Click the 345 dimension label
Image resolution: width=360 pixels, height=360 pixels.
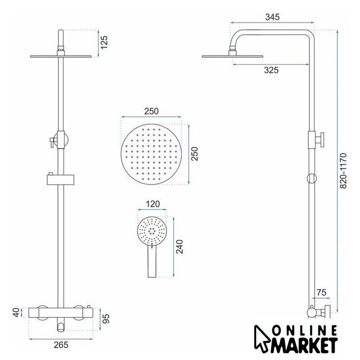point(272,17)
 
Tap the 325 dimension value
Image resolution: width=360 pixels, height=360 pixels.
point(271,70)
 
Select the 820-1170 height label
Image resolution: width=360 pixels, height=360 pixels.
point(343,171)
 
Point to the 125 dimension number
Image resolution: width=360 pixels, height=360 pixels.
point(103,42)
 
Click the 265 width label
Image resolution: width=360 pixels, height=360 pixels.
point(61,345)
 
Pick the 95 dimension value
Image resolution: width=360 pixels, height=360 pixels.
point(106,318)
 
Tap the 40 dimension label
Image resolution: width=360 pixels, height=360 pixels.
point(16,313)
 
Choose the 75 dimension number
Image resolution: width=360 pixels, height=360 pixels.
point(321,292)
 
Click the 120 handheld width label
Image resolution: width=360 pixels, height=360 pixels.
point(152,204)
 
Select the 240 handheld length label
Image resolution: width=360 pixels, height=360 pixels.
point(179,246)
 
